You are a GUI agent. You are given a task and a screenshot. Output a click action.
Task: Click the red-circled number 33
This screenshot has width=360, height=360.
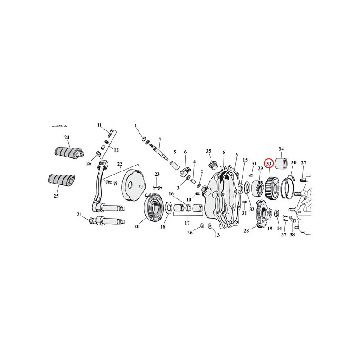[x=269, y=164]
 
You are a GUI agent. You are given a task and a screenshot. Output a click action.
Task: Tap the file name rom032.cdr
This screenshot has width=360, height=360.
[x=59, y=126]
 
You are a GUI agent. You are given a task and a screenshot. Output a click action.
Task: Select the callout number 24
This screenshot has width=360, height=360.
[x=67, y=138]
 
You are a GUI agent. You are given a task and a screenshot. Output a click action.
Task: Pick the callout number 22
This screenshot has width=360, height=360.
[x=120, y=164]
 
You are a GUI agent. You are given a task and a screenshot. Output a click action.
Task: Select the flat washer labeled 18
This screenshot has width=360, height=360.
[x=169, y=207]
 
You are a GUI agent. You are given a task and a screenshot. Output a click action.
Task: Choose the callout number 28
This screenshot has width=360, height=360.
[x=246, y=230]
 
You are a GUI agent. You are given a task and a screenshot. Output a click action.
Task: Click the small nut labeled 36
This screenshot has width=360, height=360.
[x=202, y=225]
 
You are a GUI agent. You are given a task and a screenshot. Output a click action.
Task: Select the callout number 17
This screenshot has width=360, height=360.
[x=187, y=222]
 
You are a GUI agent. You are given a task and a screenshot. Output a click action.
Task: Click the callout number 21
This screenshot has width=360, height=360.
[x=79, y=214]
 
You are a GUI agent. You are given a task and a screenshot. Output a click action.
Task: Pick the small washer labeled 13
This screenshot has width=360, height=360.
[x=210, y=226]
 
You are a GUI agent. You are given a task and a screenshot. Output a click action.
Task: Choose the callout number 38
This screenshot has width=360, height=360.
[x=292, y=234]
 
